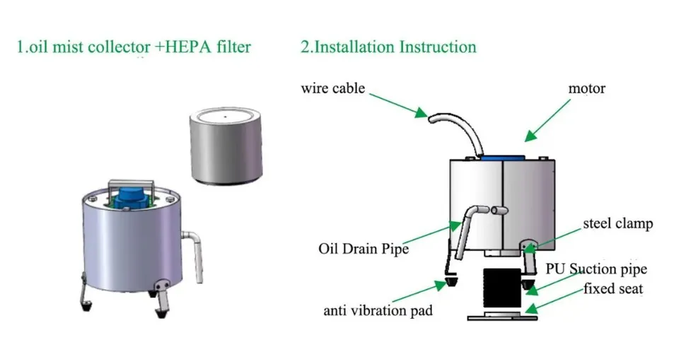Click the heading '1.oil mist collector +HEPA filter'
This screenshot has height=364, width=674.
click(x=134, y=48)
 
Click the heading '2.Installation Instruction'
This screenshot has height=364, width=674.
click(x=388, y=48)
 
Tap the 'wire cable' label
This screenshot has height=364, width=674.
click(x=332, y=88)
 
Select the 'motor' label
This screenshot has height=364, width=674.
click(x=587, y=89)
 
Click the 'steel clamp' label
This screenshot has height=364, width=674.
click(x=617, y=224)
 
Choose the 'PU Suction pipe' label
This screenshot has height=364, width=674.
click(x=596, y=269)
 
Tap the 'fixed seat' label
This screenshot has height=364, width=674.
click(x=612, y=288)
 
